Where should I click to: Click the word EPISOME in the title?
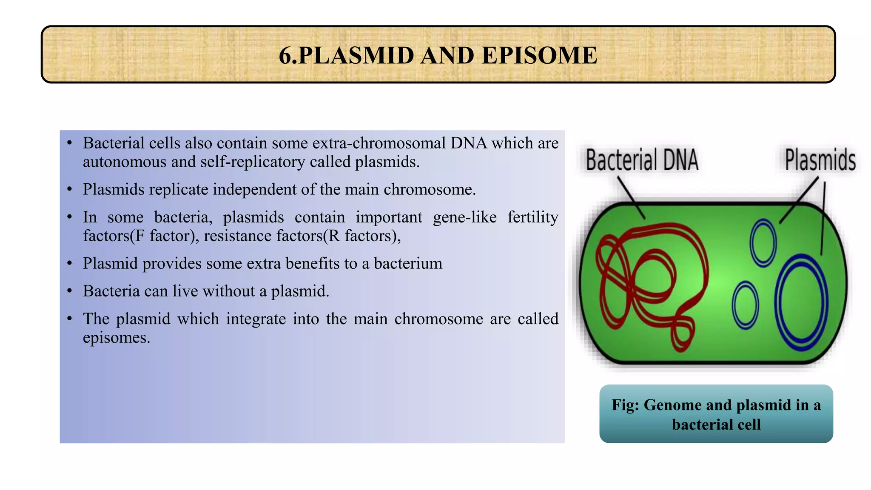pos(540,56)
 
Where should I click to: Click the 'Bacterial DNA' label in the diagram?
pos(642,160)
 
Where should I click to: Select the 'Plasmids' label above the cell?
pos(820,160)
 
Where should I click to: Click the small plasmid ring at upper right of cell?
pos(763,242)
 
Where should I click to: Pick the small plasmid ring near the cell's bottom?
pos(745,305)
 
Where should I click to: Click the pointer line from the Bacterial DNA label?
pos(631,197)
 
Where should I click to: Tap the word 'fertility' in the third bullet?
pos(532,217)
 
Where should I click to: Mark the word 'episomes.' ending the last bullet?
pos(117,338)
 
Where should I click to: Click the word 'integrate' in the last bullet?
pos(256,319)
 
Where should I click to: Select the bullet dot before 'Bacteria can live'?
pos(70,291)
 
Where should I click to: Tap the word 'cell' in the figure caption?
pos(749,424)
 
